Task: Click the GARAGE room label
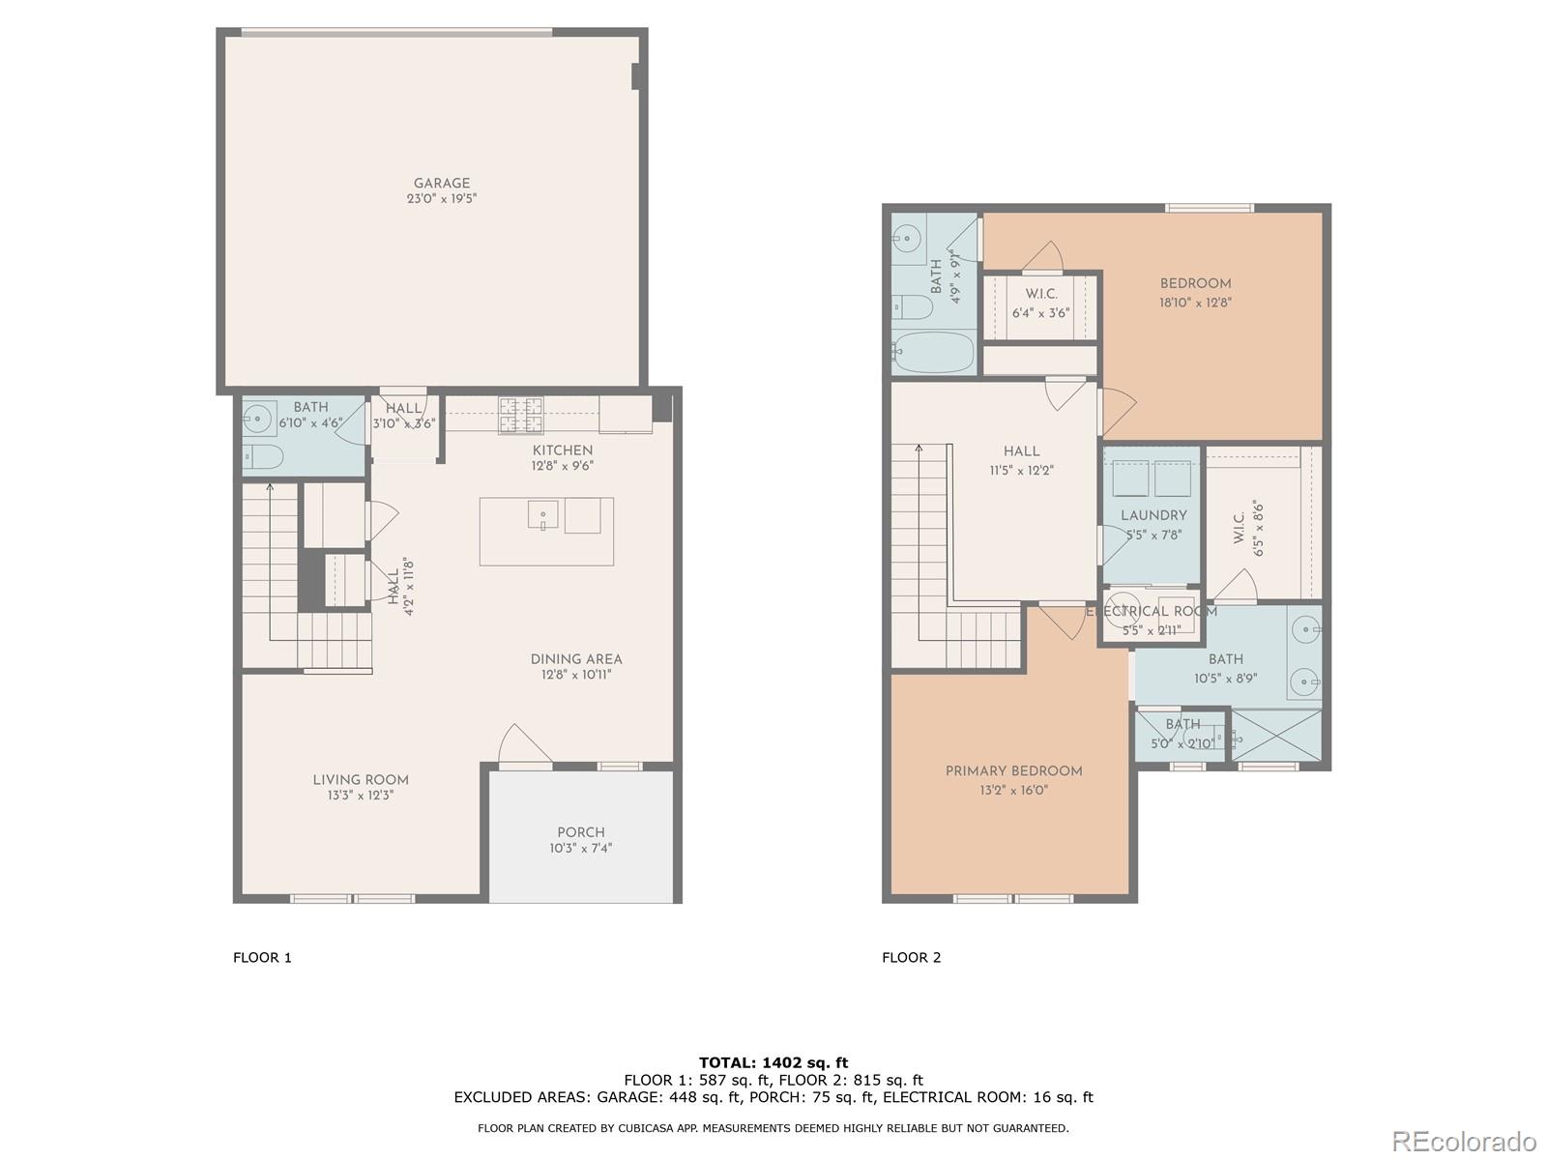442,183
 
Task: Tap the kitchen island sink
542,514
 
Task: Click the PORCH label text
581,832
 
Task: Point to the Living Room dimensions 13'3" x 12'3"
361,796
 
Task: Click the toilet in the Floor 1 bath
262,456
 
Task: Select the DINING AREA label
576,659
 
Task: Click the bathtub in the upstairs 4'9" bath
933,353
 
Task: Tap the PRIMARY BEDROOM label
1013,770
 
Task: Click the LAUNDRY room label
1153,515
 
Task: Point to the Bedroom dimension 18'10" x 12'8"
1196,302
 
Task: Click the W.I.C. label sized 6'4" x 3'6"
1041,294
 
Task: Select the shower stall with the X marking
1277,739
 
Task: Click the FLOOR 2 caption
911,957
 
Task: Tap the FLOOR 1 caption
262,957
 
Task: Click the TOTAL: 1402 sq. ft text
773,1062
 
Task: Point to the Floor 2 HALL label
1021,450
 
